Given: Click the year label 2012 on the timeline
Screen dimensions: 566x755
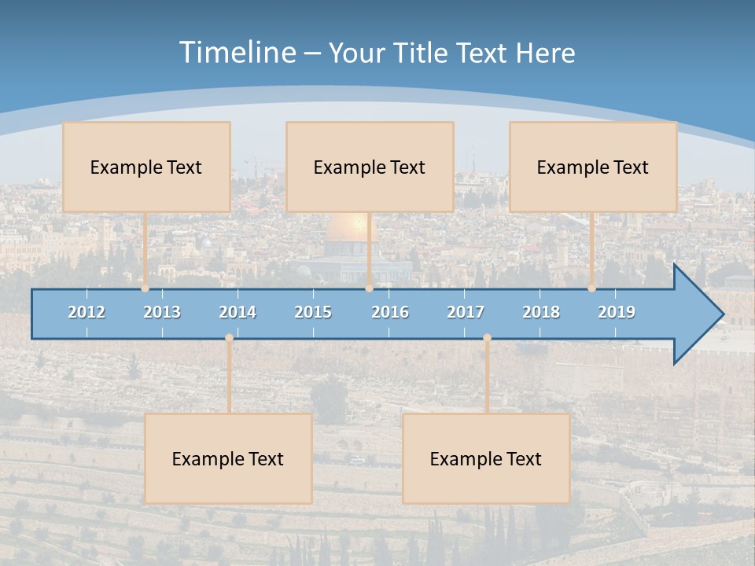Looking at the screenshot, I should pyautogui.click(x=87, y=312).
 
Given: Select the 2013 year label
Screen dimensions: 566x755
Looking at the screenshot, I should pyautogui.click(x=162, y=312).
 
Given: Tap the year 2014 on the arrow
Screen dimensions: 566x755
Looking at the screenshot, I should pyautogui.click(x=238, y=312).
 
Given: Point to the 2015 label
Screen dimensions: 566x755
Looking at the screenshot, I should pyautogui.click(x=313, y=312).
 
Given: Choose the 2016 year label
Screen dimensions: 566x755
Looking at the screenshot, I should pyautogui.click(x=390, y=312).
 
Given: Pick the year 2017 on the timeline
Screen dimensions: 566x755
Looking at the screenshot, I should pyautogui.click(x=466, y=312).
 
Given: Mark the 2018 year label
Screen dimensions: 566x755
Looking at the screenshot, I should pyautogui.click(x=541, y=312).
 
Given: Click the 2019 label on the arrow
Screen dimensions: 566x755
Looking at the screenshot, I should pyautogui.click(x=617, y=312).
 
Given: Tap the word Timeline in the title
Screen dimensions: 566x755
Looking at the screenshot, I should pyautogui.click(x=237, y=53).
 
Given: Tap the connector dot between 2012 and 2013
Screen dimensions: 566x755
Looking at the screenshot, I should pyautogui.click(x=145, y=289).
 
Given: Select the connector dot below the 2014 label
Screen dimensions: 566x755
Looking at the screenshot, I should pyautogui.click(x=229, y=338).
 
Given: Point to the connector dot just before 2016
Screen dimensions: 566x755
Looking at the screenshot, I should pyautogui.click(x=369, y=289).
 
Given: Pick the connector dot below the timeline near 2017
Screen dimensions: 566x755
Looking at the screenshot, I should pyautogui.click(x=487, y=338).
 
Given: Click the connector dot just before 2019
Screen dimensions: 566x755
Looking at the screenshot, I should pyautogui.click(x=592, y=289).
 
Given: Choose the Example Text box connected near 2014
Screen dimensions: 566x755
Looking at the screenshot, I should pyautogui.click(x=228, y=458).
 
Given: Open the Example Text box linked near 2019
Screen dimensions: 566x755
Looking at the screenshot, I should pyautogui.click(x=593, y=167).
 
